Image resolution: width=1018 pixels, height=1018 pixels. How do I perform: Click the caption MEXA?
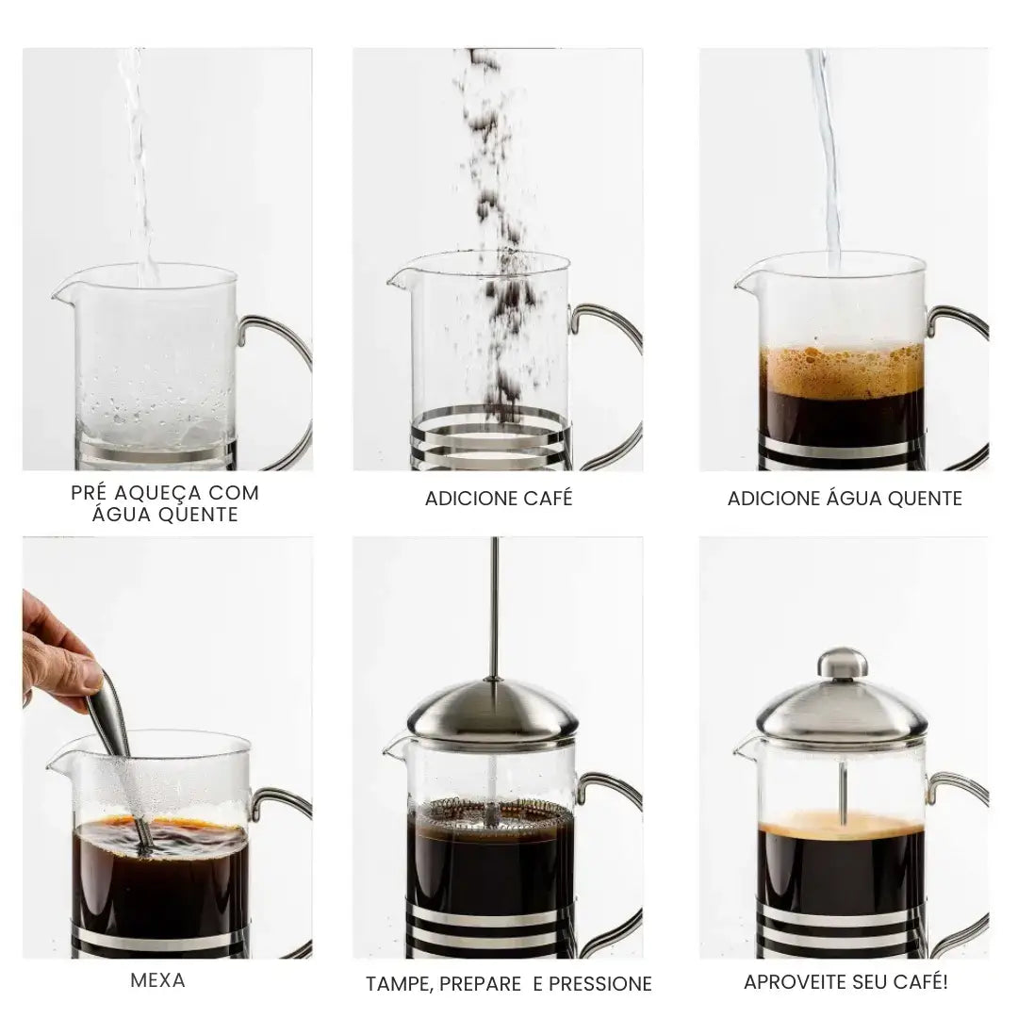[157, 980]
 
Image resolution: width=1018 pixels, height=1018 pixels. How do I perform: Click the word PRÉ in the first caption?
[91, 493]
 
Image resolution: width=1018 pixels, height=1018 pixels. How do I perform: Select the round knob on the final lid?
[842, 662]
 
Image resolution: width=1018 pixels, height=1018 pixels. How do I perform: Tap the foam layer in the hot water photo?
[842, 372]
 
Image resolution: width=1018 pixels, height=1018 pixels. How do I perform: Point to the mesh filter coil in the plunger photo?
[490, 809]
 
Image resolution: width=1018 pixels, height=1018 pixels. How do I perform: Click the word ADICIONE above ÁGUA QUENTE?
[773, 499]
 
